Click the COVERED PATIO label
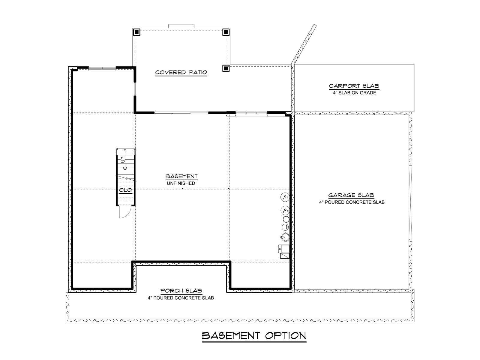coord(181,72)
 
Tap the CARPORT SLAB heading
coord(354,86)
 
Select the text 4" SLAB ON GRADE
coord(355,93)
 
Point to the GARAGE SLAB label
coord(351,195)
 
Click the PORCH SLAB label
coord(181,291)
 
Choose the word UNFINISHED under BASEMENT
coord(181,183)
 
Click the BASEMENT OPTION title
coord(254,336)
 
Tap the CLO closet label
coord(125,190)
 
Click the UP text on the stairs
coord(123,160)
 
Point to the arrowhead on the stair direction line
coord(125,168)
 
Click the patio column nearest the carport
coord(226,68)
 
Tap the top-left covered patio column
coord(137,32)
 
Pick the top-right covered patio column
coord(226,32)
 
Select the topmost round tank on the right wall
coord(285,197)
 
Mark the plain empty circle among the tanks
coord(286,219)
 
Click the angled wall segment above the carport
coord(304,44)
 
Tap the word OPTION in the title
coord(286,336)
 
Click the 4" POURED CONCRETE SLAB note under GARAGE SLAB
coord(352,202)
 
